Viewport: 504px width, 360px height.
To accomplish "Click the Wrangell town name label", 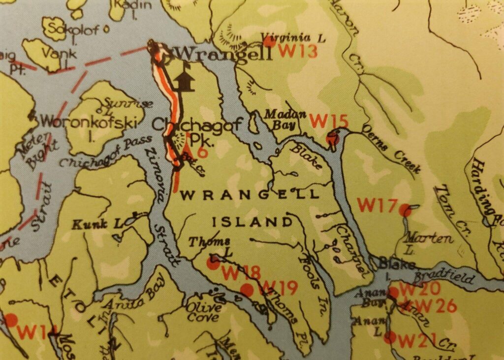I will [223, 53].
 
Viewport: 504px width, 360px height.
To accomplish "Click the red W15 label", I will [329, 121].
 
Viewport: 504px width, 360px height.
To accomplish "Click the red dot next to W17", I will [405, 211].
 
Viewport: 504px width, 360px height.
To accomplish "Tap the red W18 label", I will [241, 272].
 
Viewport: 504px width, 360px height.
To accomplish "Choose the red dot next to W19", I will [247, 290].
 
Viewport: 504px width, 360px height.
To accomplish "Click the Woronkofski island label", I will [88, 121].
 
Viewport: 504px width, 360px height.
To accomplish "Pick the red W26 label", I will [436, 306].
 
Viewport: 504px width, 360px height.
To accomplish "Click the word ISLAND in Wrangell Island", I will [252, 222].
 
